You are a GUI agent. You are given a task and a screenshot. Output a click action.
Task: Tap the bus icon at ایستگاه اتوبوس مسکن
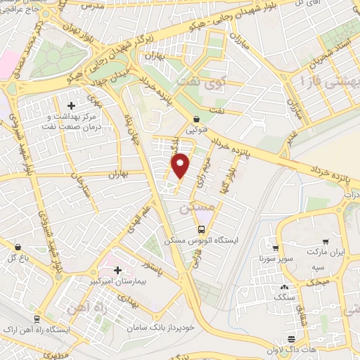202,229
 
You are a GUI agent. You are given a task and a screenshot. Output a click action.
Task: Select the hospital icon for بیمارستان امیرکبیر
117,270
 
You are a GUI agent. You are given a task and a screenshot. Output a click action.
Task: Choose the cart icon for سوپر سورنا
276,247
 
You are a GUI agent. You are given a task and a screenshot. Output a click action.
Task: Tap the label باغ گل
22,257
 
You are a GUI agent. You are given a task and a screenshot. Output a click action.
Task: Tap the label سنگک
284,297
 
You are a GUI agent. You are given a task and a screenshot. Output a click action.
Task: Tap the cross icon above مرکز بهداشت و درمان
71,105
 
